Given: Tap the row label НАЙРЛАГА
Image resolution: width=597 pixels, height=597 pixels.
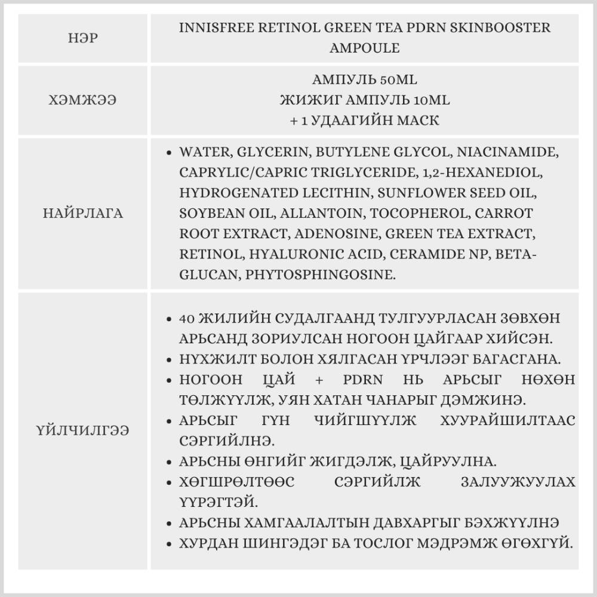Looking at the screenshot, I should coord(84,214).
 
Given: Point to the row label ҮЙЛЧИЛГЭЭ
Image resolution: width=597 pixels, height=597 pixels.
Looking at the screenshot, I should coord(84,430).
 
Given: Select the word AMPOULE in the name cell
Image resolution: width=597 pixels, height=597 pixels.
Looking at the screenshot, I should coord(364,48).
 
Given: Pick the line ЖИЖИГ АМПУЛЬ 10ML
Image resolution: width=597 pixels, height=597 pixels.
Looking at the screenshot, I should coord(364,100).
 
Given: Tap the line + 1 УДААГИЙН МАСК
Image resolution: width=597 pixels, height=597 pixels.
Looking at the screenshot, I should coord(364,121).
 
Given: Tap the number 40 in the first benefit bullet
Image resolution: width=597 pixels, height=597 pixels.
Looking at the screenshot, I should coord(187,318).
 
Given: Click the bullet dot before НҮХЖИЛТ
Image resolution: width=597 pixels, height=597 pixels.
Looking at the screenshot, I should coord(171,359).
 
